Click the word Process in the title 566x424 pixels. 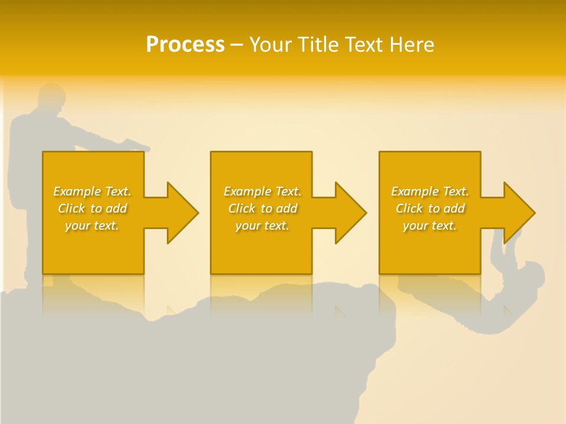[185, 45]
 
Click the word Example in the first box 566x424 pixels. [77, 191]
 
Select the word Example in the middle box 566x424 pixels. [248, 191]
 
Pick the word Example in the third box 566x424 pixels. [415, 191]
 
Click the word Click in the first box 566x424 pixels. [71, 208]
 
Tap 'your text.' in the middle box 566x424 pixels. [262, 226]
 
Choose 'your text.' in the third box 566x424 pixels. [430, 226]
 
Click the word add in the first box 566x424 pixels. [116, 208]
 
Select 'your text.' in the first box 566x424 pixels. [92, 226]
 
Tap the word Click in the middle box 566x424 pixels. [242, 208]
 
